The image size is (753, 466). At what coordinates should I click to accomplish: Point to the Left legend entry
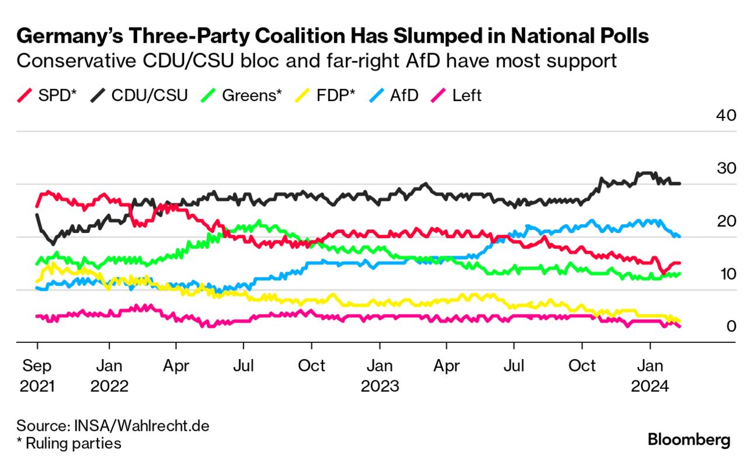[457, 95]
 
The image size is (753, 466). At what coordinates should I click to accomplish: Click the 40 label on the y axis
[726, 115]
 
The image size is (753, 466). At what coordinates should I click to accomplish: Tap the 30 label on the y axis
[726, 168]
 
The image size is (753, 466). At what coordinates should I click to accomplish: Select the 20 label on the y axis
[726, 221]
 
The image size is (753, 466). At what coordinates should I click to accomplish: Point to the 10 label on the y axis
[726, 273]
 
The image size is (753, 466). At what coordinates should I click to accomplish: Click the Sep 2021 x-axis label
[36, 376]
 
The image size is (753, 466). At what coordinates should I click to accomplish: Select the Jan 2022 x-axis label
[109, 376]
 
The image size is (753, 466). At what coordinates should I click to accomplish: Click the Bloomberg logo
[689, 440]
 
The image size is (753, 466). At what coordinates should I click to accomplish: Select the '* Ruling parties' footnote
[69, 443]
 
